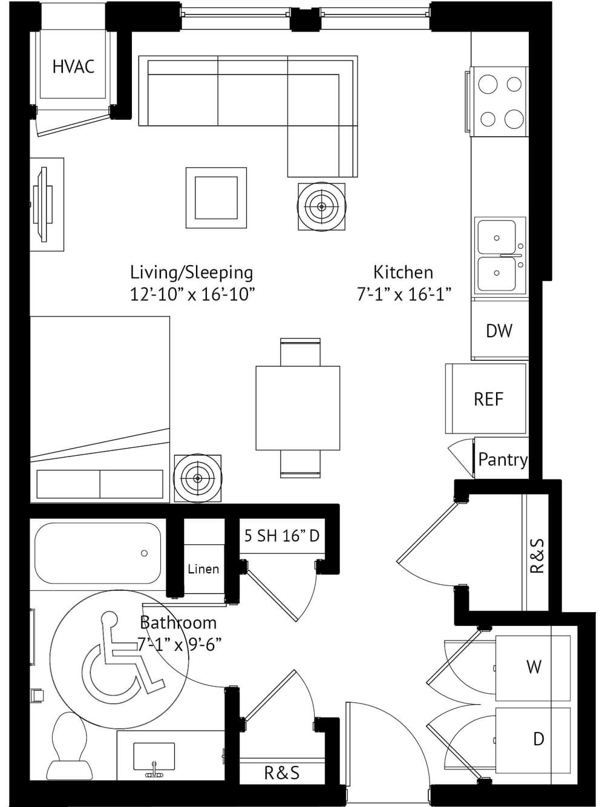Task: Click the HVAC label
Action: [x=73, y=67]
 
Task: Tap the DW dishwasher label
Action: [x=499, y=331]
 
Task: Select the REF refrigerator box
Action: [x=486, y=399]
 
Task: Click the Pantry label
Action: [x=503, y=459]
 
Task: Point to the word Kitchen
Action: [x=404, y=272]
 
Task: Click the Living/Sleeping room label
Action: [x=192, y=273]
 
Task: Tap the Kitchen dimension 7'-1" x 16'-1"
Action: [x=404, y=294]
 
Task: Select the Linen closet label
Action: [x=203, y=569]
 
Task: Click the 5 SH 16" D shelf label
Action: [x=282, y=536]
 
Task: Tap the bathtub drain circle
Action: [x=145, y=553]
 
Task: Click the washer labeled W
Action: [x=534, y=667]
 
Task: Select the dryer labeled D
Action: [x=534, y=739]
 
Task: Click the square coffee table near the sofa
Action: [x=216, y=198]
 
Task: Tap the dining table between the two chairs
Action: [x=298, y=408]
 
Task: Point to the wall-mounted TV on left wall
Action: [x=42, y=205]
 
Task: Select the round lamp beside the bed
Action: [x=198, y=478]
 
